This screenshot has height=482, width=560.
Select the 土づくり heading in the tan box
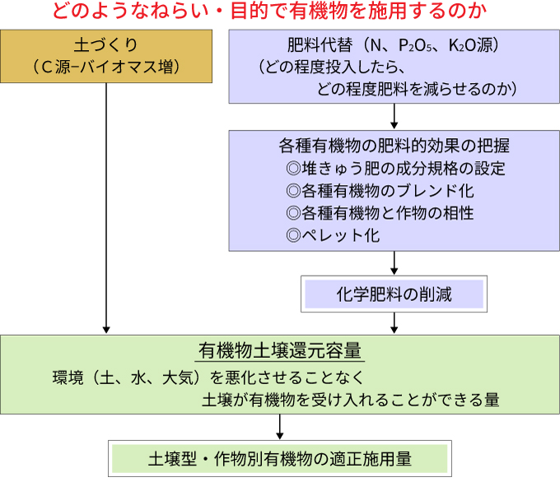tap(106, 45)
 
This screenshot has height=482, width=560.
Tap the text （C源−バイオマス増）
tap(106, 67)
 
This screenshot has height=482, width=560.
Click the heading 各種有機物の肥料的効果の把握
tap(394, 146)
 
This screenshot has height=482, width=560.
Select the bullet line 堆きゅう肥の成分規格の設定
tap(404, 169)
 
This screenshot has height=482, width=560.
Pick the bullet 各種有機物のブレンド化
tap(388, 191)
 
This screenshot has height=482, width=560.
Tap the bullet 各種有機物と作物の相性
tap(388, 213)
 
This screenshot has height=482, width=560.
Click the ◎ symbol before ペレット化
tap(293, 235)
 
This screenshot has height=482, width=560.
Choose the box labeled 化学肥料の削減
tap(394, 294)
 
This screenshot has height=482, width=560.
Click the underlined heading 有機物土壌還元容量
tap(280, 350)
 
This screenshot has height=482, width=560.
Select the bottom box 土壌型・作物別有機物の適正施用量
tap(280, 459)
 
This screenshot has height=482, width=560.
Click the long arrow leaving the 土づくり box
tap(106, 208)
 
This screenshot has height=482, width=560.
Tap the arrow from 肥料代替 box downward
tap(394, 116)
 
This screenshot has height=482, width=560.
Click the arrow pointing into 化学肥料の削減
tap(394, 263)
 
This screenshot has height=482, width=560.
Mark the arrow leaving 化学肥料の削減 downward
tap(394, 323)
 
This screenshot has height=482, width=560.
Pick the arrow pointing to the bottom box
tap(280, 427)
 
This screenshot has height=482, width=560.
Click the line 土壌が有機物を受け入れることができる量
tap(351, 400)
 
